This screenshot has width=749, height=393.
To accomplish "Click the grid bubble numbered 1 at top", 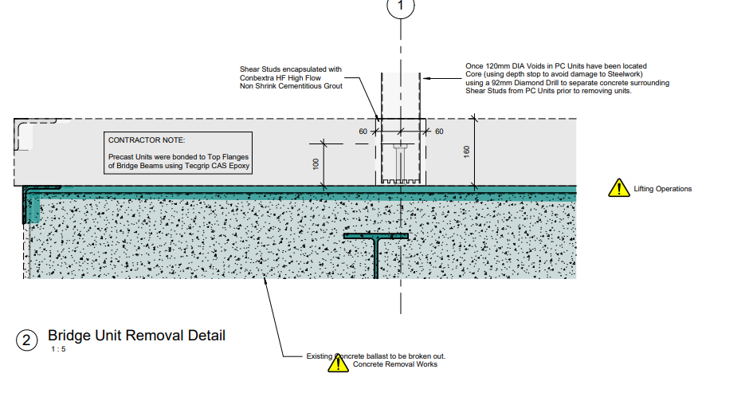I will click(x=401, y=6).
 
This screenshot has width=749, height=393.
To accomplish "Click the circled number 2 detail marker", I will click(x=26, y=340).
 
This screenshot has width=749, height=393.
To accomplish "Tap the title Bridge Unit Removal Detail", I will click(x=136, y=336).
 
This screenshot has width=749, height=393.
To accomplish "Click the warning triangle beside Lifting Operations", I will click(x=618, y=188).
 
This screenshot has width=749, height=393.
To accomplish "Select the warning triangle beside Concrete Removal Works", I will click(x=338, y=364).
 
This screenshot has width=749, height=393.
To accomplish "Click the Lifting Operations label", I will click(x=662, y=189).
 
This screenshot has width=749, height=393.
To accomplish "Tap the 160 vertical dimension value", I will click(x=467, y=151).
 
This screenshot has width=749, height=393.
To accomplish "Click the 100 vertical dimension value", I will click(x=316, y=163).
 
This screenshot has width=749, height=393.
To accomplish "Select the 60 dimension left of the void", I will click(x=363, y=131).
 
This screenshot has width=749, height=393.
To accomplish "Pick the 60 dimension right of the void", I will click(x=438, y=131).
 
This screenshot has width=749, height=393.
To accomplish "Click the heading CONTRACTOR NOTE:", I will click(x=146, y=140).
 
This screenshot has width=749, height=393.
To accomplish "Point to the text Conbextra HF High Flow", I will click(x=279, y=77).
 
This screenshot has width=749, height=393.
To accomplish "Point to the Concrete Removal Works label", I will click(x=395, y=364).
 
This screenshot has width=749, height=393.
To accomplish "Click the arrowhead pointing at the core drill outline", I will click(x=426, y=78).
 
